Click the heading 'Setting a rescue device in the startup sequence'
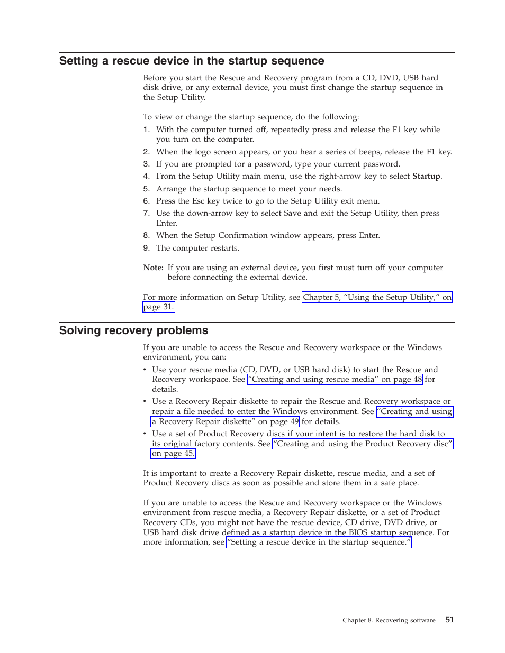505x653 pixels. coord(192,61)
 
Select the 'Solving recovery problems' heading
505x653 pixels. coord(133,330)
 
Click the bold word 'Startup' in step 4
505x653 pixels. coord(426,177)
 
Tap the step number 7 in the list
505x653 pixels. coord(146,213)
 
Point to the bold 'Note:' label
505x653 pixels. coord(153,268)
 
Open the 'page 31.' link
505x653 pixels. coord(158,307)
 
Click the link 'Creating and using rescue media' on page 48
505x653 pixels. coord(335,379)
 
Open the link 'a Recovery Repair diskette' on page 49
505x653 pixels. coord(225,421)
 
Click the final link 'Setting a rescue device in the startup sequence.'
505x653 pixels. coord(319,542)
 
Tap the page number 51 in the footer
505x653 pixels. coord(449,620)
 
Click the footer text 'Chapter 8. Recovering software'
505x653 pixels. coord(389,620)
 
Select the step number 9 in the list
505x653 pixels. coord(146,248)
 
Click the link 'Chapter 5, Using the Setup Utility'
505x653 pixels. coord(377,297)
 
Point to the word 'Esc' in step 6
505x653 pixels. coord(198,201)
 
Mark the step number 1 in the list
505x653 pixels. coord(146,130)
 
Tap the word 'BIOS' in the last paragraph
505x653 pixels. coord(358,532)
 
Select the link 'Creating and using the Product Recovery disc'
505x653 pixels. coord(363,444)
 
